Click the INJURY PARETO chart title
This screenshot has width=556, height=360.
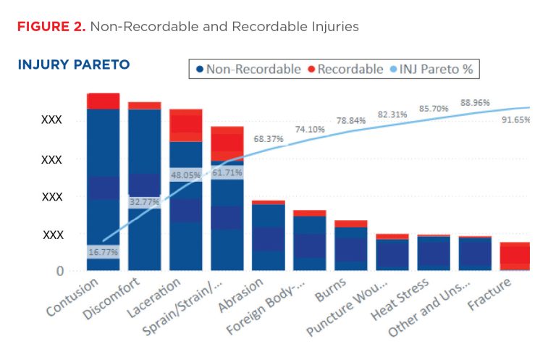point(73,65)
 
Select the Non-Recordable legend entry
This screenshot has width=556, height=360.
point(248,70)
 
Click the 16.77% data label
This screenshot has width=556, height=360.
point(103,252)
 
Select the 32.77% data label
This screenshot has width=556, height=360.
point(145,203)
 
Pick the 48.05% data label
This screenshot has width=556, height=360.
point(185,175)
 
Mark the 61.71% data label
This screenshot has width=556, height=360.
point(227,173)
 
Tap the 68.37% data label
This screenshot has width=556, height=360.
point(268,138)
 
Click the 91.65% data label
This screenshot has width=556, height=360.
point(515,120)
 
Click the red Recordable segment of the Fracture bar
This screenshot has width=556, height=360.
point(515,256)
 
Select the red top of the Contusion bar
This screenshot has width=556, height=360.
point(103,101)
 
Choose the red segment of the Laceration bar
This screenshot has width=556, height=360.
point(185,125)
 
